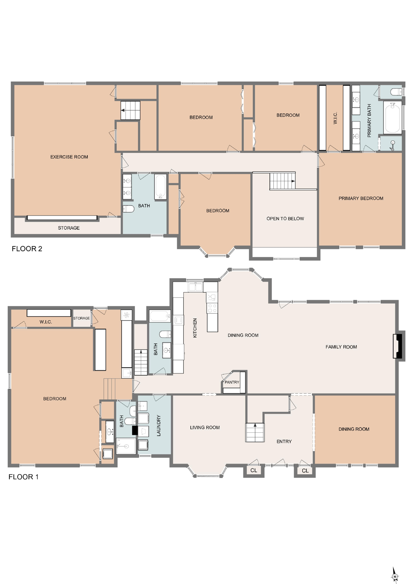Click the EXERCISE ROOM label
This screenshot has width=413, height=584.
69,157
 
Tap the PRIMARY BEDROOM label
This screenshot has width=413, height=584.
361,198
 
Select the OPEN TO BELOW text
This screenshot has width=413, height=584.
285,219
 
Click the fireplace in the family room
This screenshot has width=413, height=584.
398,346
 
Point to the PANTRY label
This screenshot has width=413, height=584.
232,382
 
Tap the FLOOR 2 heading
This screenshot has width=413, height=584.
27,249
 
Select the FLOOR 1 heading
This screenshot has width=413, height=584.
24,477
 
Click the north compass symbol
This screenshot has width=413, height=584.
395,575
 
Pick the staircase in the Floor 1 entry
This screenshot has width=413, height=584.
255,432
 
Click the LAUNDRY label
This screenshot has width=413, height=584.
159,425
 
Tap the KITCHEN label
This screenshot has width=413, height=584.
195,328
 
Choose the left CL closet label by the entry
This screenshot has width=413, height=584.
254,470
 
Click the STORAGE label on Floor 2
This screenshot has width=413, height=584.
69,228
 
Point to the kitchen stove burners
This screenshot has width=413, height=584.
212,308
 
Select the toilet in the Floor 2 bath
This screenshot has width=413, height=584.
128,209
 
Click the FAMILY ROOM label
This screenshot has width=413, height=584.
341,347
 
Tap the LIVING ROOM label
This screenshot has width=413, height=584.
205,428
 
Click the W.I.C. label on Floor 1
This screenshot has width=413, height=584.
46,322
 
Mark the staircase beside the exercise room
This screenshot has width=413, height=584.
130,110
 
